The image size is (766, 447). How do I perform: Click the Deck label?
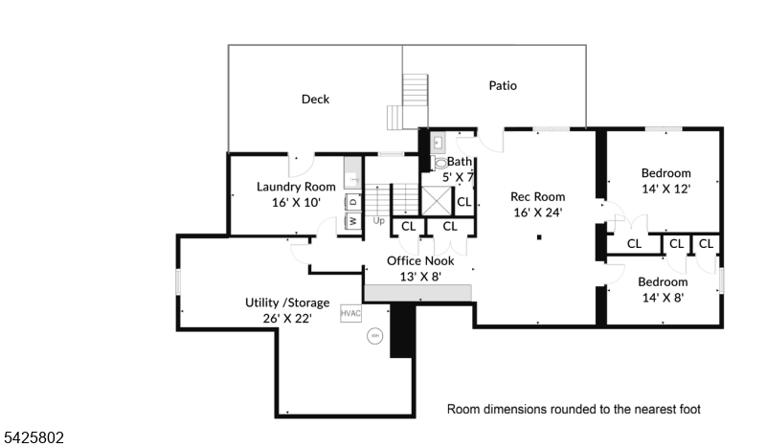(x=315, y=99)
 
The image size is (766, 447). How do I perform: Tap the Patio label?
(x=503, y=85)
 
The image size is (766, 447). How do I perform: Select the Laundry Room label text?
(x=296, y=187)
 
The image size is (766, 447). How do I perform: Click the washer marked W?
(x=352, y=221)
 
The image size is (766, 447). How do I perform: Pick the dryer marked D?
(x=352, y=201)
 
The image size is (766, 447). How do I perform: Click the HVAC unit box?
(x=349, y=313)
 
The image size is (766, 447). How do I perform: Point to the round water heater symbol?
(x=374, y=336)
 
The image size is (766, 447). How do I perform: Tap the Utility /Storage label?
(x=287, y=302)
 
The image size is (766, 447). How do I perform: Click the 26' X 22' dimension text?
(x=287, y=318)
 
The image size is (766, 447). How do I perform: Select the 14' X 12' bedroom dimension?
(x=665, y=189)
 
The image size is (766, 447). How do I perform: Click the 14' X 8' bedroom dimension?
(x=663, y=298)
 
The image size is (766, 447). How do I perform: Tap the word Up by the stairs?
(x=378, y=221)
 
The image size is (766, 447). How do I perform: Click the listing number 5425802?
(x=34, y=437)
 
